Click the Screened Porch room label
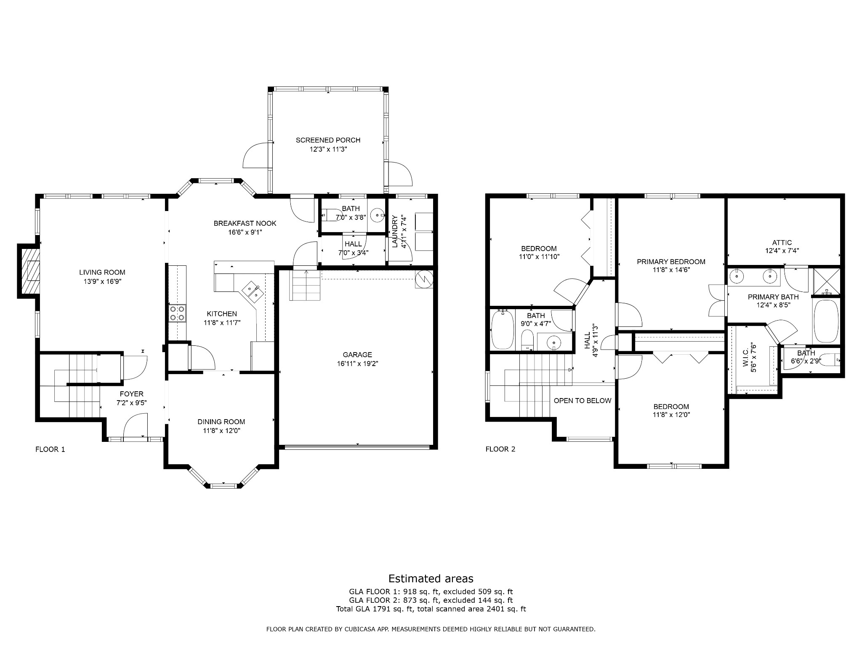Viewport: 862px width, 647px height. click(x=328, y=140)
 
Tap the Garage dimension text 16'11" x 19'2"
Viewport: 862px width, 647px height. click(x=357, y=364)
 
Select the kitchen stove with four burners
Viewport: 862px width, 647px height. click(x=177, y=313)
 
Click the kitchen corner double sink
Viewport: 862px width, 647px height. click(x=253, y=291)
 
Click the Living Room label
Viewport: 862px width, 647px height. click(x=102, y=273)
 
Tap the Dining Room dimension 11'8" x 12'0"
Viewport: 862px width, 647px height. click(x=222, y=430)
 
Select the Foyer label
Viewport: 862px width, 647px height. click(x=131, y=394)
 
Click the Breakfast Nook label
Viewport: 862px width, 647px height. click(x=245, y=223)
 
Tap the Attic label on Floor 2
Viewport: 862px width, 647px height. click(x=782, y=243)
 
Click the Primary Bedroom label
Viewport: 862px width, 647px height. click(x=671, y=262)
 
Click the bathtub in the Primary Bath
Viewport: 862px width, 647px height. click(x=826, y=321)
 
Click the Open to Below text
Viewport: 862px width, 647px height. click(x=583, y=401)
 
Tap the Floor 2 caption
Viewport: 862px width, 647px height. click(x=500, y=449)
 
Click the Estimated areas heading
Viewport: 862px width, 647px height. click(x=431, y=578)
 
